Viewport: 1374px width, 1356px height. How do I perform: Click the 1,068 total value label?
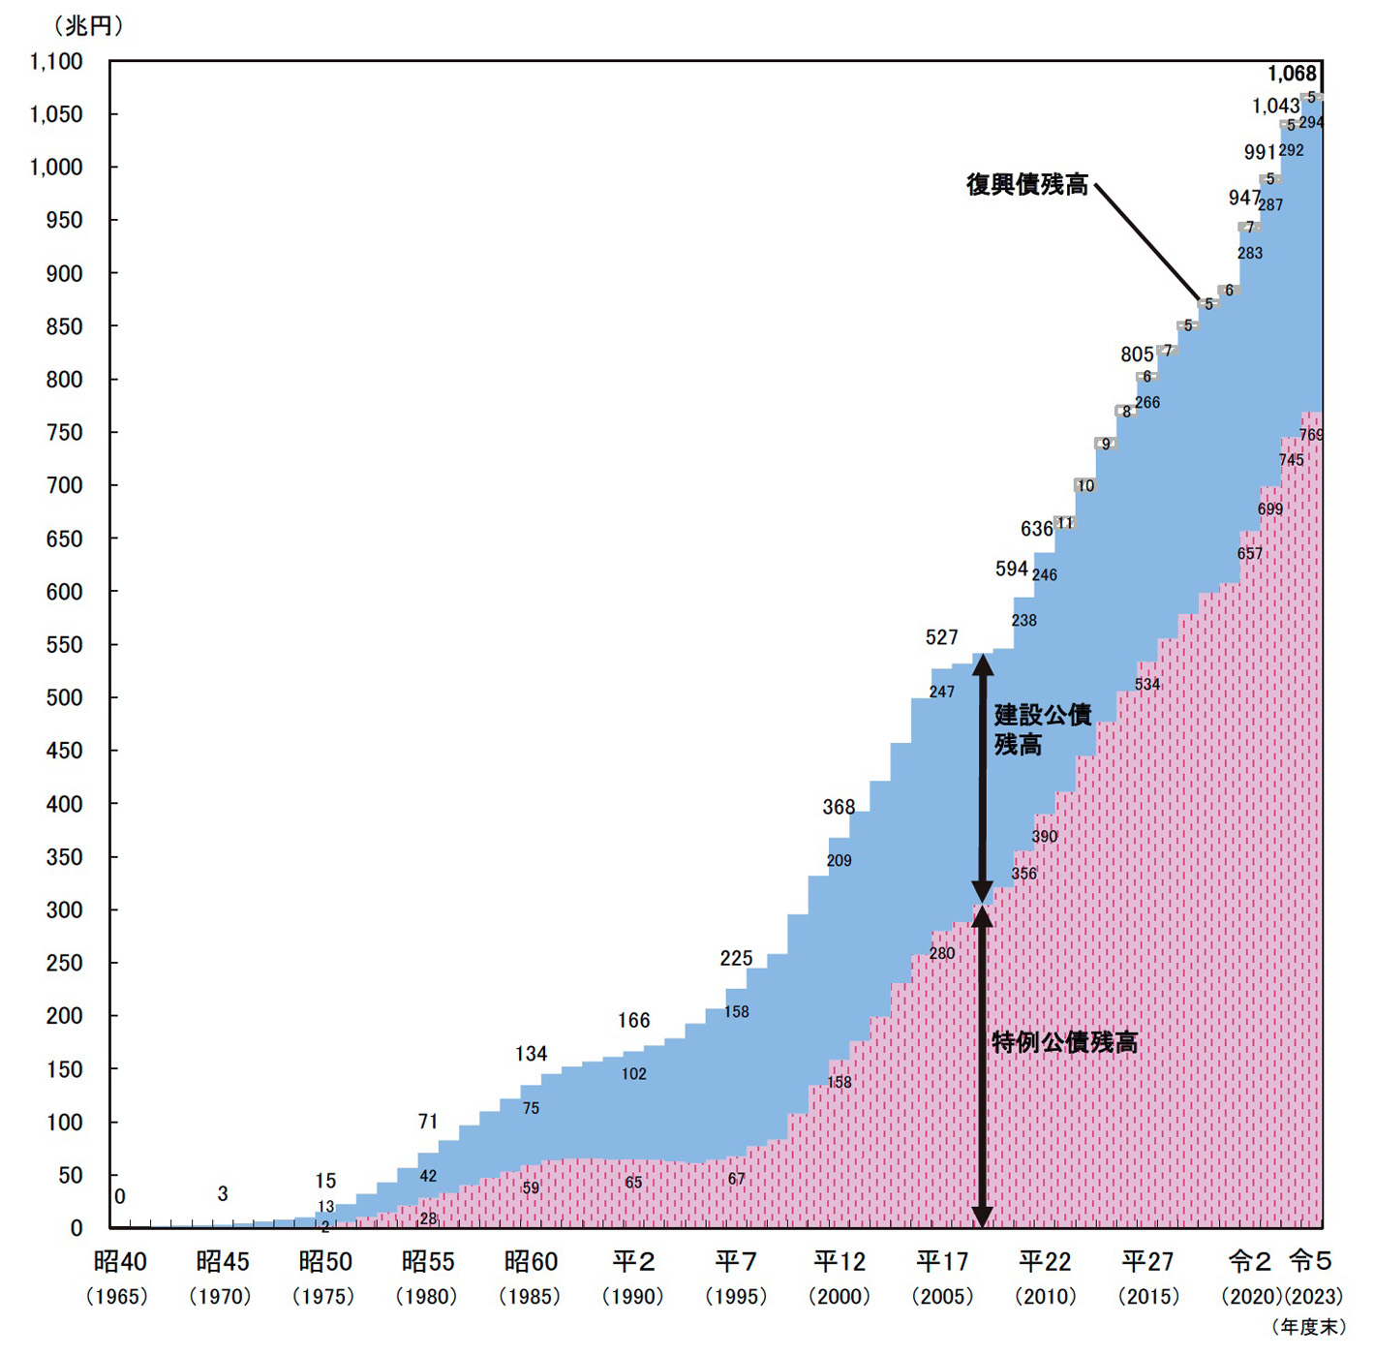pos(1292,74)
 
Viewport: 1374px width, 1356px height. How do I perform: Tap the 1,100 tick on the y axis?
pos(56,62)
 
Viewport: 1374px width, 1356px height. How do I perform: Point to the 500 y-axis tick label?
pos(64,697)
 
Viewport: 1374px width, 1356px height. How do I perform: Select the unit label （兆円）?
pos(88,26)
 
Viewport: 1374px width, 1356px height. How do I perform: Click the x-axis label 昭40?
pos(120,1261)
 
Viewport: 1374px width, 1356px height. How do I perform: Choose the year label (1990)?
pos(633,1296)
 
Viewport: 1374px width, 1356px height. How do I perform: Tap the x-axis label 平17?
pos(942,1261)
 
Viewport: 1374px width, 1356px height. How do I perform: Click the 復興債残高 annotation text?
pos(1027,185)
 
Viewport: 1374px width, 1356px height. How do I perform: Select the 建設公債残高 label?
pos(1042,729)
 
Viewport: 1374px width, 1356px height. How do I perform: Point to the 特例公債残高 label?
pos(1064,1042)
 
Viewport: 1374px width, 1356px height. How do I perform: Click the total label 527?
pos(941,637)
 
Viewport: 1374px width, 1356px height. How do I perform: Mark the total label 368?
pos(839,807)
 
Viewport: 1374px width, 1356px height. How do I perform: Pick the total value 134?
pos(531,1054)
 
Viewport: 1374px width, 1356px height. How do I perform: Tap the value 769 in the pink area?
pos(1310,435)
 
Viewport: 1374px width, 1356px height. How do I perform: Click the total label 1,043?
pos(1274,107)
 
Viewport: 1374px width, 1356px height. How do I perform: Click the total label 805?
pos(1137,354)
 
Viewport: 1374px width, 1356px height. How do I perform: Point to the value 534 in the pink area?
pos(1147,685)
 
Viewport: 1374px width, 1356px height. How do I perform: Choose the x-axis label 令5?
pos(1310,1261)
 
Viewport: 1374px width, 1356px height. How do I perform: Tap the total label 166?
pos(633,1021)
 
